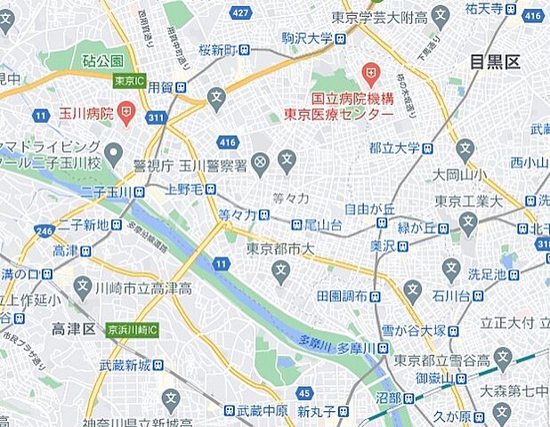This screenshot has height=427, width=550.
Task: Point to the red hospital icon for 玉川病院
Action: click(x=125, y=115)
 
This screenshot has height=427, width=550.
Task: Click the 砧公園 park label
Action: click(x=104, y=61)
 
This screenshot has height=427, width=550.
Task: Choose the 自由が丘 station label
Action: click(x=369, y=210)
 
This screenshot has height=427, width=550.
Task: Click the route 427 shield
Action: click(x=239, y=13)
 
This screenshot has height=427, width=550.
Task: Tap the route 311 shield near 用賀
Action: click(x=157, y=117)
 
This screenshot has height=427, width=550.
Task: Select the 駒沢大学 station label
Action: click(x=307, y=38)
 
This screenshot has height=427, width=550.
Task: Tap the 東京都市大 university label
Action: click(x=282, y=249)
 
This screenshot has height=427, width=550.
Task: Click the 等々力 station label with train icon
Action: click(x=244, y=214)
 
